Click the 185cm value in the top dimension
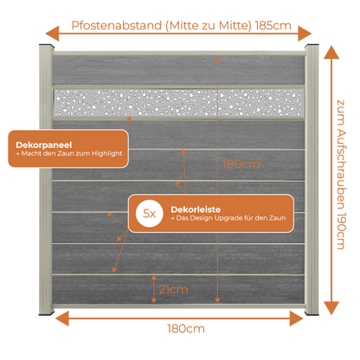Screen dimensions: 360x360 [x=273, y=25]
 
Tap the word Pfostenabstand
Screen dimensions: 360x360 [x=117, y=25]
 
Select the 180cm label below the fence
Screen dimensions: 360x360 [x=186, y=329]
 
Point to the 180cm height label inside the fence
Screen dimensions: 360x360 [x=241, y=164]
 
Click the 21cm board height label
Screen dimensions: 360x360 [x=173, y=289]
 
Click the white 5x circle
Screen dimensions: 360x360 [x=150, y=214]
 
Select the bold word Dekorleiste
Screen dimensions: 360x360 [x=196, y=209]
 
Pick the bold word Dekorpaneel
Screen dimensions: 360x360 [x=44, y=145]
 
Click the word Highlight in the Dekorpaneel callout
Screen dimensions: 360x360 [x=107, y=153]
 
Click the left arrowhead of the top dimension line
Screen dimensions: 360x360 [x=52, y=33]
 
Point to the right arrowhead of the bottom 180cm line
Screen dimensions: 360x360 [x=297, y=318]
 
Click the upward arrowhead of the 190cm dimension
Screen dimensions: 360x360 [x=331, y=52]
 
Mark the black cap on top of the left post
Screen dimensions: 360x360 [x=47, y=46]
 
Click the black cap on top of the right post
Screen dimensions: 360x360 [x=312, y=46]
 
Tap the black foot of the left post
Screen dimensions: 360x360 [x=46, y=313]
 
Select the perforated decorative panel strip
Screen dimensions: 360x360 [x=178, y=102]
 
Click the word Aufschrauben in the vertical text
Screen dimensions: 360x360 [x=341, y=168]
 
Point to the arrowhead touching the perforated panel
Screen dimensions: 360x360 [x=129, y=119]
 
